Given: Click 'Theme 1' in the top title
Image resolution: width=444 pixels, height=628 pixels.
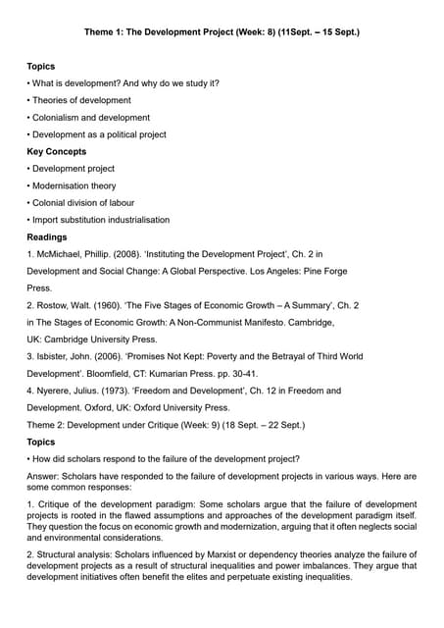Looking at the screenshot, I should point(102,32).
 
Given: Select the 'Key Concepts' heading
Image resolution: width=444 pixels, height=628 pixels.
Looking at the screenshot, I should point(56,151).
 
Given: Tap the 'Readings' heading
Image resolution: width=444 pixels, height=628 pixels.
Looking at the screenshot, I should point(47,236).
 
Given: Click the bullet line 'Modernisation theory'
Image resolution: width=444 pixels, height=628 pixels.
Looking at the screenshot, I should point(74,185).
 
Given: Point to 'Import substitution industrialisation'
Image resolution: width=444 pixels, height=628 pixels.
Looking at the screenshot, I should point(101,220).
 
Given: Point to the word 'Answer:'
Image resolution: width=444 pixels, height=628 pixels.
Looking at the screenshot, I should point(44,476).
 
